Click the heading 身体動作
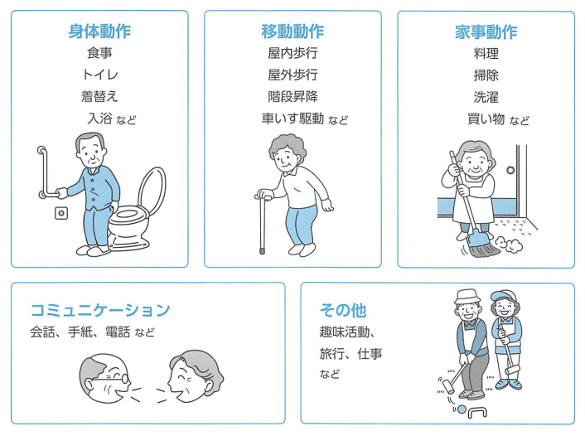coord(99,31)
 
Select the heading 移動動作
coord(292,31)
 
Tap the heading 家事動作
coord(486,32)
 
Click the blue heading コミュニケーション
coord(100,310)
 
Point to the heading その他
coord(343,310)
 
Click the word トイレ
coord(100,75)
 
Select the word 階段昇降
coord(292,97)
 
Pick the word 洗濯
coord(486,98)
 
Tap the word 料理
coord(486,54)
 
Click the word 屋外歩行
coord(292,75)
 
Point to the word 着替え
coord(99,97)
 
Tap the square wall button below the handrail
coord(61,213)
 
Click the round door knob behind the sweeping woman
coord(510,170)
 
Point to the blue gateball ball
coord(462,409)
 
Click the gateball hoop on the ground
coord(477,410)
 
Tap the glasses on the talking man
coord(112,379)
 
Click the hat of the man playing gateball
coord(467,297)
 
